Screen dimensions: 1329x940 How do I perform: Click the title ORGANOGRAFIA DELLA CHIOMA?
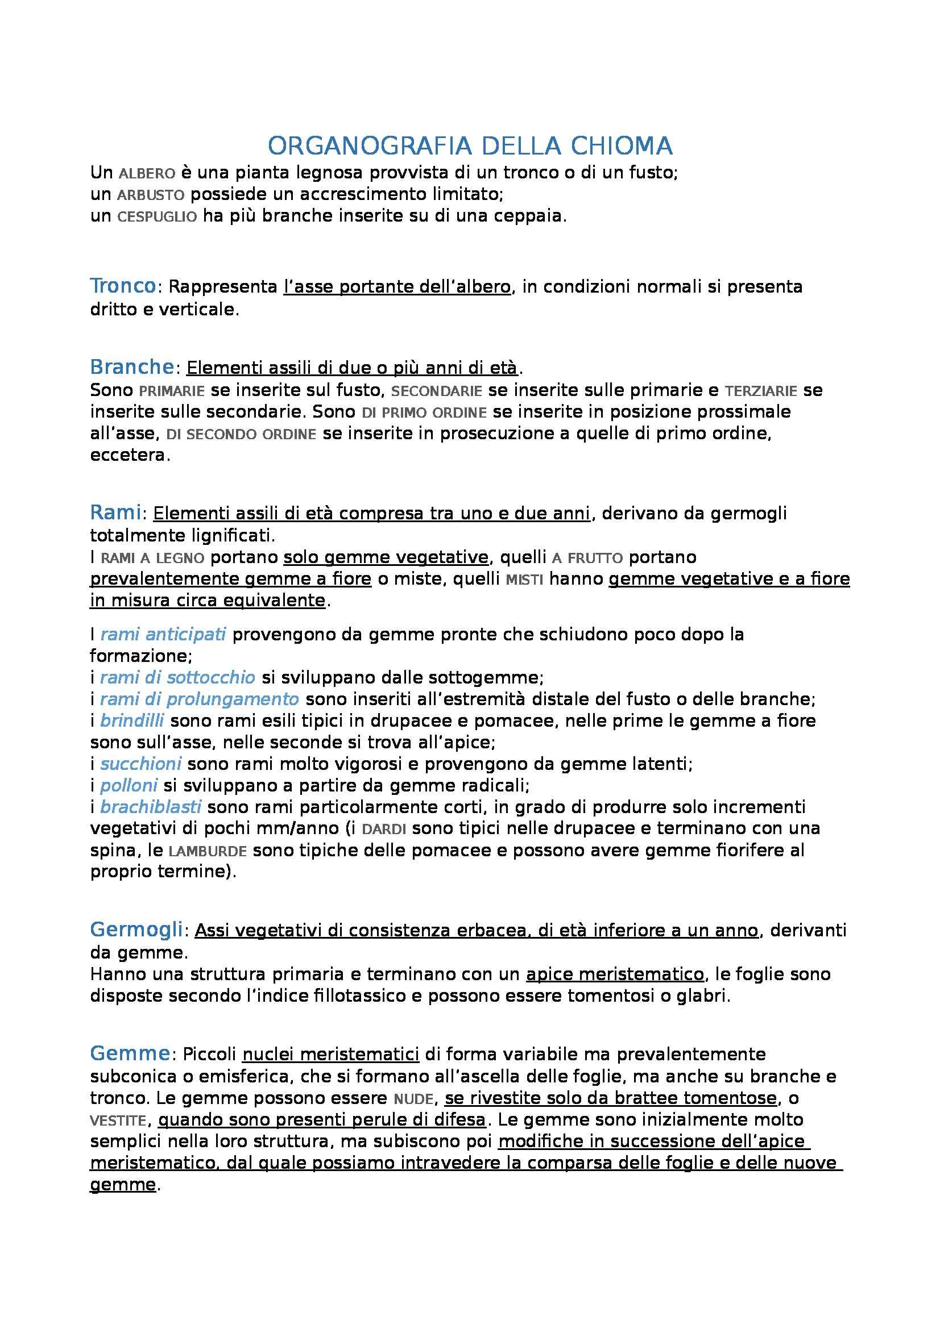470,147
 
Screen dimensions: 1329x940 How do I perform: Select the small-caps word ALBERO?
147,174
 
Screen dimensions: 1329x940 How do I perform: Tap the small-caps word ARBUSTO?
151,195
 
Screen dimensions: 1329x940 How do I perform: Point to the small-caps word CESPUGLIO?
157,217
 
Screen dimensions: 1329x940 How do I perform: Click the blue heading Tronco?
123,286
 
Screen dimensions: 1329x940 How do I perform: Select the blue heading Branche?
132,367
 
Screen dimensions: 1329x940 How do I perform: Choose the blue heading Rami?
116,513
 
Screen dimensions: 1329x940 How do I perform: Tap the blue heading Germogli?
136,930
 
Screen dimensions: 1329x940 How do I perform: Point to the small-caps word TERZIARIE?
761,391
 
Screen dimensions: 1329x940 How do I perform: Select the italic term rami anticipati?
163,635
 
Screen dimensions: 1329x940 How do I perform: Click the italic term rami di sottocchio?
177,677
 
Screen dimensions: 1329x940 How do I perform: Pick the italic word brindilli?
132,720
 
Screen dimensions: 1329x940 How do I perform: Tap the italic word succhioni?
140,764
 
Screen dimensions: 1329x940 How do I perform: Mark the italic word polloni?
129,785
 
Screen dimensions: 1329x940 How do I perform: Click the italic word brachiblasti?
151,807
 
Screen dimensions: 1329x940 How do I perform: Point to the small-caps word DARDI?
383,830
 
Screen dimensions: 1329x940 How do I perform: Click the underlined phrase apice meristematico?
615,974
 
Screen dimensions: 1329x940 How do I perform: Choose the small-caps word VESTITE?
118,1120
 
